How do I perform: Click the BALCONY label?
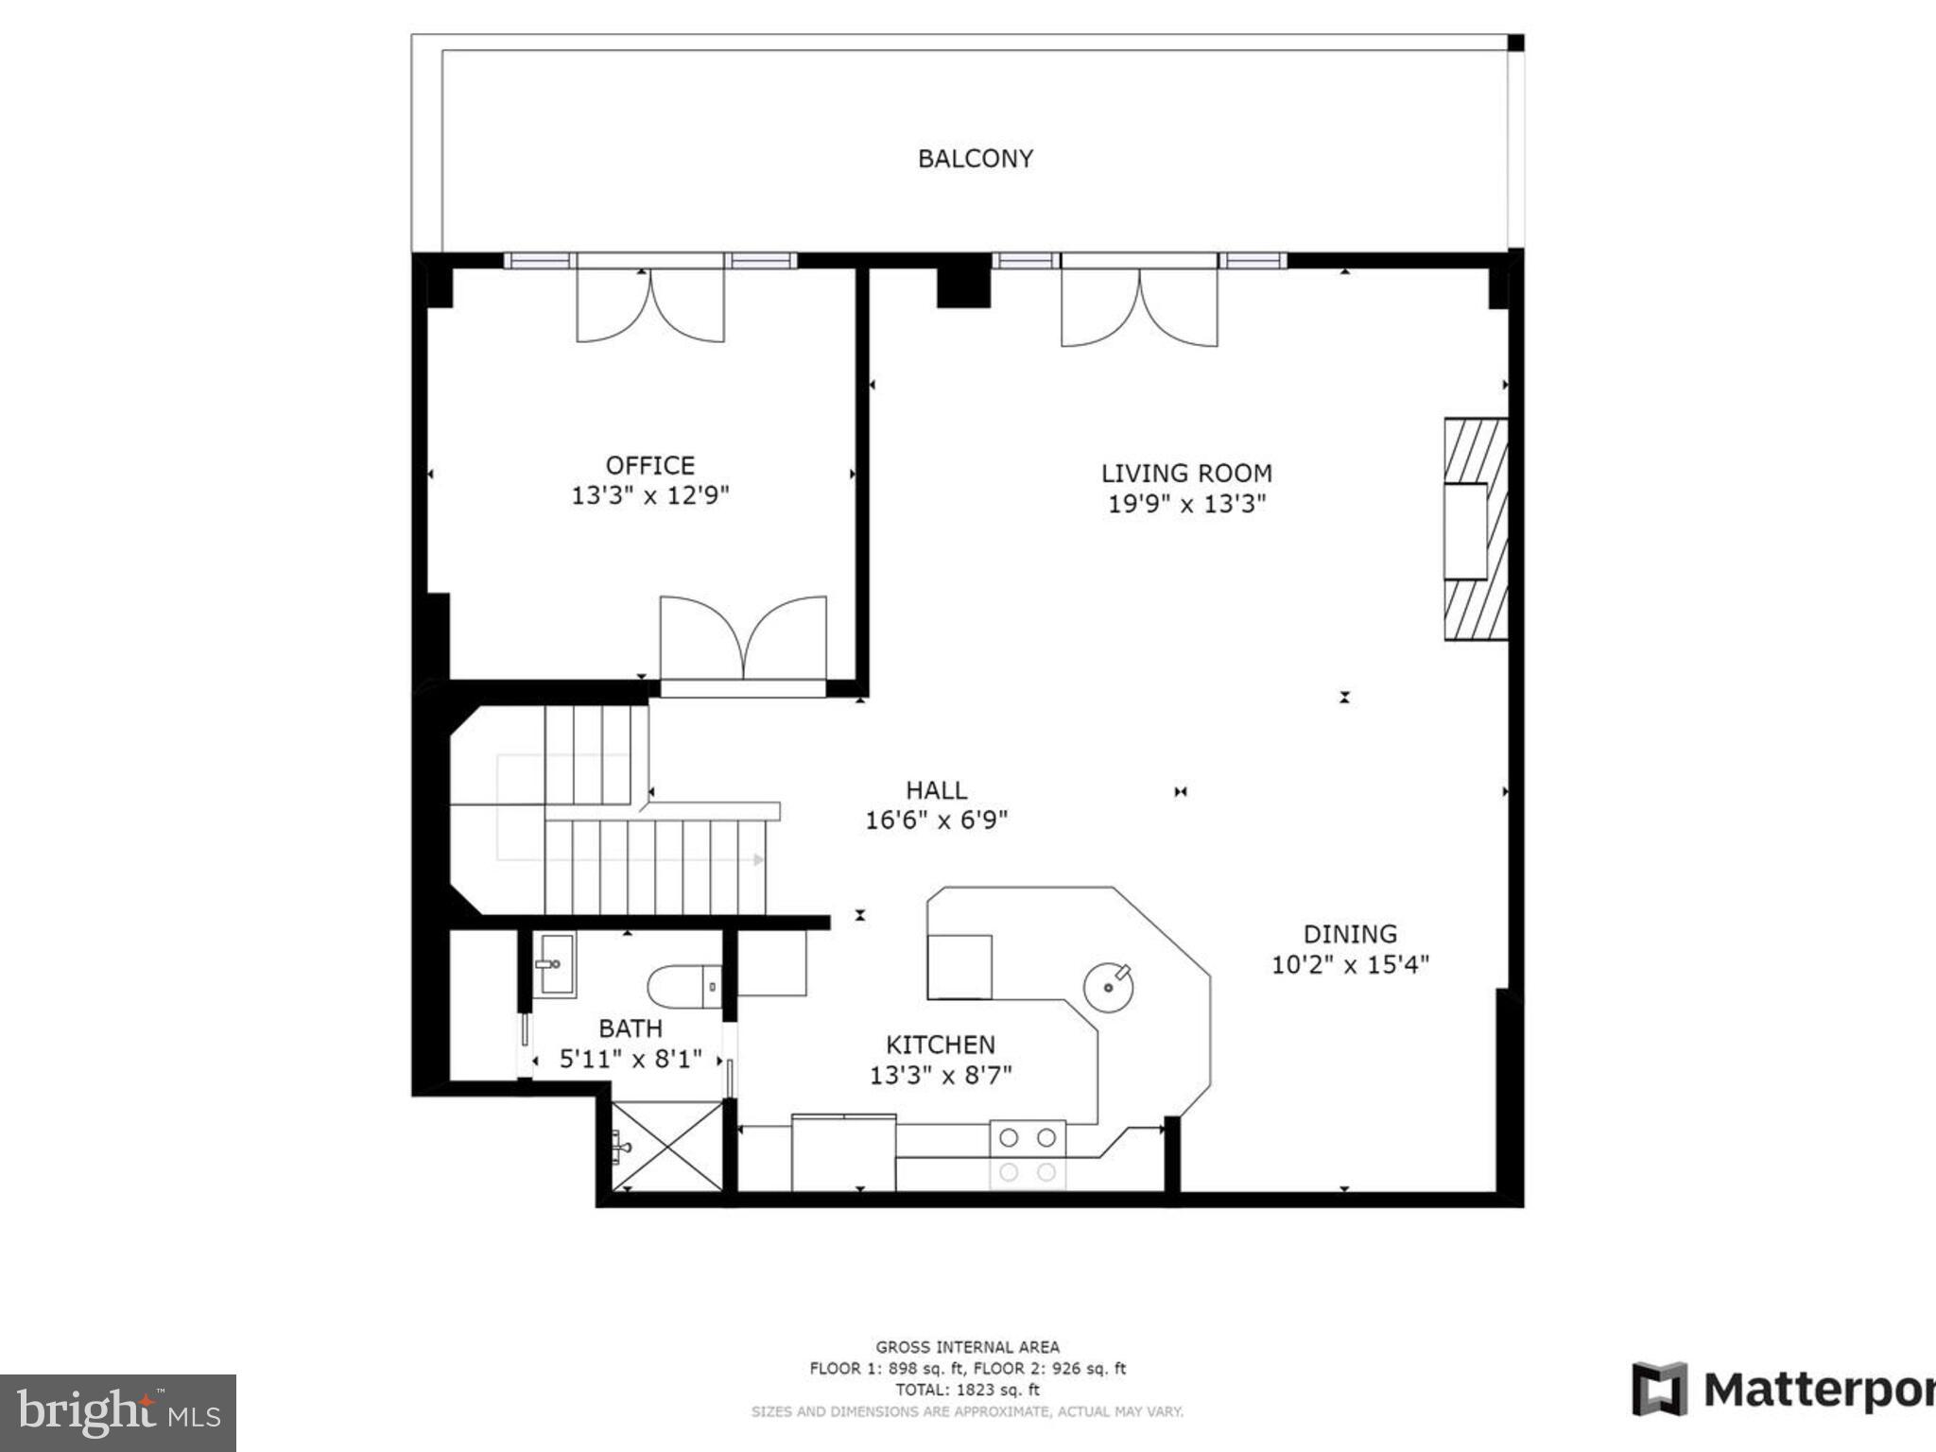(975, 159)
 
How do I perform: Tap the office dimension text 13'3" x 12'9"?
(649, 495)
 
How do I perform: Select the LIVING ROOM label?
(1185, 473)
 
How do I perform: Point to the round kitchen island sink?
(1108, 987)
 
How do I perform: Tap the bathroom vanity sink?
(554, 964)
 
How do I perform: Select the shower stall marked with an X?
(667, 1147)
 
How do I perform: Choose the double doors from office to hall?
(743, 639)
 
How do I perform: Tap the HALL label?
(936, 790)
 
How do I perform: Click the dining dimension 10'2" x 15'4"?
(1349, 965)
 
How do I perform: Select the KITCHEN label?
(940, 1045)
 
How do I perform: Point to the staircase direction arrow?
(757, 860)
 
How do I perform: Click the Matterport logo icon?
(1659, 1389)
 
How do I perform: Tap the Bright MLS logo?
(117, 1413)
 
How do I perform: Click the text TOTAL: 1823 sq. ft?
(967, 1390)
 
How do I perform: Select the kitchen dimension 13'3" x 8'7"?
(940, 1076)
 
